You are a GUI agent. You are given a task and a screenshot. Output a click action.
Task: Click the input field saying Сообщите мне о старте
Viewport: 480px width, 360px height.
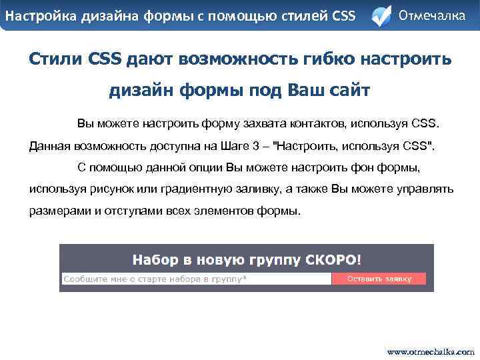[196, 279]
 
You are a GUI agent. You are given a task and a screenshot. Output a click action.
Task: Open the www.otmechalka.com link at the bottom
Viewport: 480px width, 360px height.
[431, 351]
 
